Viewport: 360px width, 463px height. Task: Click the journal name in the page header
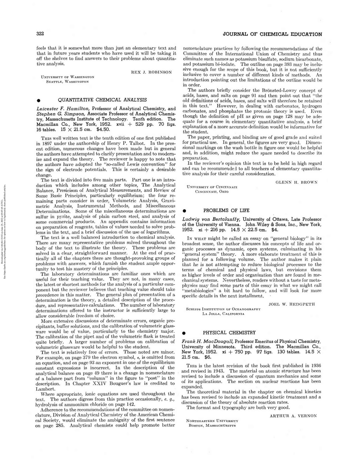click(272, 34)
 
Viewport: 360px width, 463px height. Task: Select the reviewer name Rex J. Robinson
click(151, 72)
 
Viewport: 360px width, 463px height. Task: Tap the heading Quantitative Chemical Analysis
click(102, 100)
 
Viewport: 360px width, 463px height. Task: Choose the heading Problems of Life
click(226, 210)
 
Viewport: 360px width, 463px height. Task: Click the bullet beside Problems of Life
click(184, 211)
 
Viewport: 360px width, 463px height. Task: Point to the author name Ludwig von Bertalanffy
click(211, 219)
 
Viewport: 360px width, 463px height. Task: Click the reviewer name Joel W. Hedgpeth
click(292, 304)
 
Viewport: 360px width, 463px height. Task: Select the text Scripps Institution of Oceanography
click(223, 309)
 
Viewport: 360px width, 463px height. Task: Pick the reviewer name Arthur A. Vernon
click(293, 416)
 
